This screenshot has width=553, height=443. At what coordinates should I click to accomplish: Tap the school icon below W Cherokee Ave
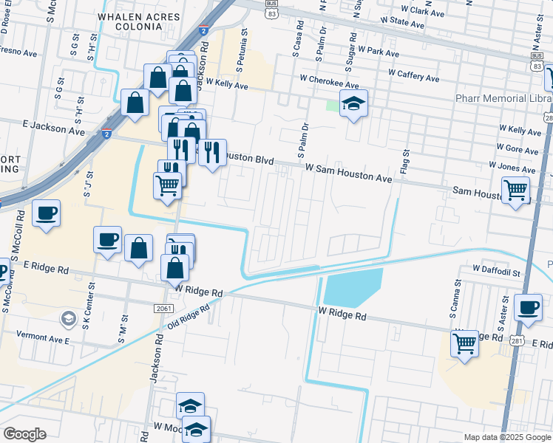tap(354, 104)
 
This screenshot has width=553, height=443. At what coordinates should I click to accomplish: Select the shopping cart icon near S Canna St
tap(464, 343)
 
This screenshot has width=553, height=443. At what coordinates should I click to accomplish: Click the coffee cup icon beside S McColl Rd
tap(47, 214)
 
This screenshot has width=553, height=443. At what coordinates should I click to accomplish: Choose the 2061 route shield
tap(164, 308)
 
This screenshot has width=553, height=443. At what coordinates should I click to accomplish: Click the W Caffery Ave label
tap(407, 77)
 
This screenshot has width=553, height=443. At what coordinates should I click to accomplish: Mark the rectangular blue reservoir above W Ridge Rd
tap(353, 287)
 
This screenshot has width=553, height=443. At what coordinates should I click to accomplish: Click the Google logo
tap(24, 433)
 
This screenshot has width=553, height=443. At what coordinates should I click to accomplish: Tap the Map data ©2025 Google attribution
tap(506, 437)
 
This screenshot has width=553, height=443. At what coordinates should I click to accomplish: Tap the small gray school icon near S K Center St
tap(69, 318)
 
